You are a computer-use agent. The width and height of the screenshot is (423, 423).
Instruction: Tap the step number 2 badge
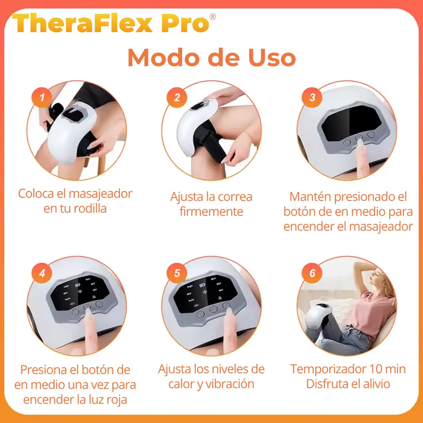[x=177, y=97]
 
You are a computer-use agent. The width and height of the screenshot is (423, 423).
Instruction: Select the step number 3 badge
[x=312, y=97]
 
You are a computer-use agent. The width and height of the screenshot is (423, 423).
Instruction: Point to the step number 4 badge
[x=42, y=273]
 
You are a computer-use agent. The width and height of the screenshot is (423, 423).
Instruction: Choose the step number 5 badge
[x=177, y=273]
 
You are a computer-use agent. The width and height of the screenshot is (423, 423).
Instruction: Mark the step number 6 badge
[x=312, y=273]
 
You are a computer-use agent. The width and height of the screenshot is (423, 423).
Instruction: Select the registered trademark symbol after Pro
[x=213, y=16]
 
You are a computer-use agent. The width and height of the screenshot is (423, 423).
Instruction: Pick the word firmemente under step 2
[x=211, y=212]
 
